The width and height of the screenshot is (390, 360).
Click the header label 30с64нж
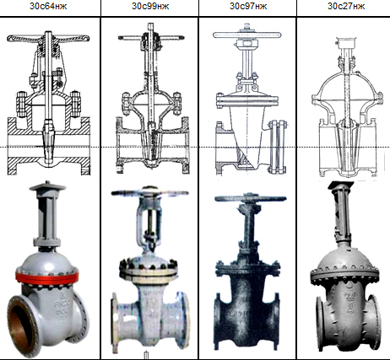click(48, 6)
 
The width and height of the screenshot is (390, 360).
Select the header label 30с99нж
click(150, 6)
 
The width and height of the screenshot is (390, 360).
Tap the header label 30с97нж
click(248, 6)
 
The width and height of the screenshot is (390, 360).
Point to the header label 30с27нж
click(346, 6)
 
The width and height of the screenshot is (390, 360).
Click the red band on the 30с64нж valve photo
click(47, 277)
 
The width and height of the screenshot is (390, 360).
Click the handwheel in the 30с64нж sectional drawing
click(48, 38)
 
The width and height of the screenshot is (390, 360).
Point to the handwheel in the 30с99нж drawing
click(151, 37)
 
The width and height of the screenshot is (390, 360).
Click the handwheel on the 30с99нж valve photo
click(149, 193)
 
